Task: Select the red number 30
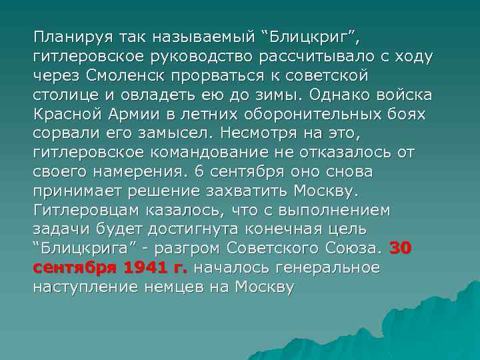tap(401, 248)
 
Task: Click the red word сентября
tap(73, 267)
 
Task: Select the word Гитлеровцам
tap(85, 209)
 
